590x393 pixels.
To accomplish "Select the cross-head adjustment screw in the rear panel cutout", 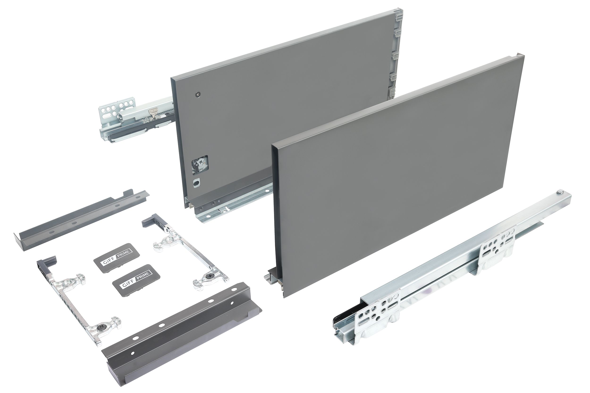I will pos(200,163).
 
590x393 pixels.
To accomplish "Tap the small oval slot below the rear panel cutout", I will pos(196,182).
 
